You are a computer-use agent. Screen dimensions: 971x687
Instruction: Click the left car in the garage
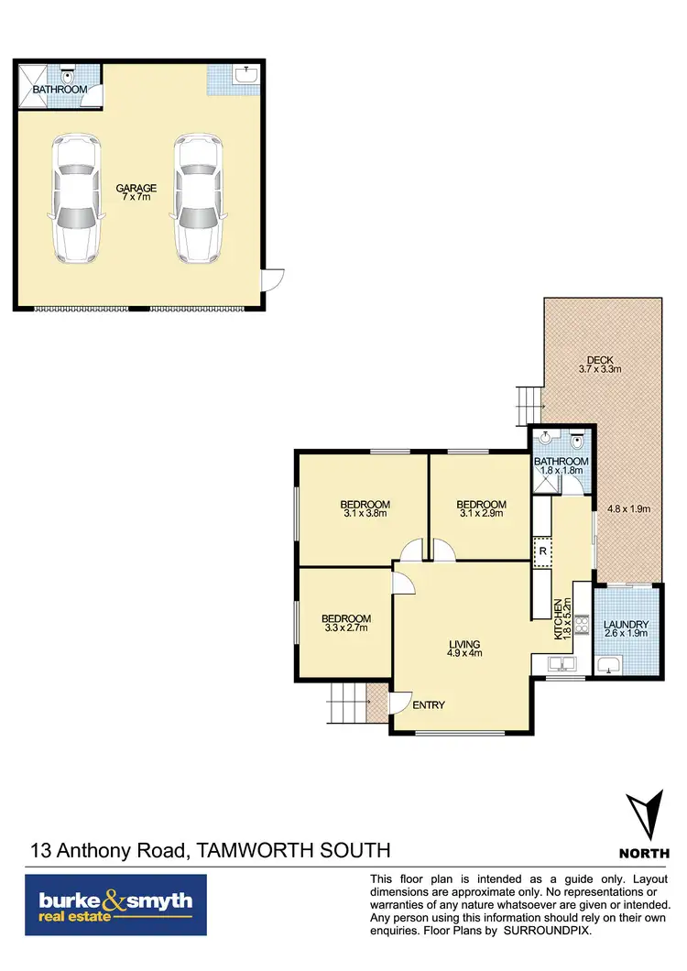[x=75, y=198]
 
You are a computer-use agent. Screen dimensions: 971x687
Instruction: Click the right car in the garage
[x=197, y=198]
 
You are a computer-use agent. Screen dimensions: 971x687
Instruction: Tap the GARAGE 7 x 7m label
[x=136, y=193]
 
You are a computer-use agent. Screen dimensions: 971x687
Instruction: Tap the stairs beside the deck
[x=529, y=399]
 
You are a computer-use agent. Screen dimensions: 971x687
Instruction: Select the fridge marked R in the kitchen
[x=542, y=551]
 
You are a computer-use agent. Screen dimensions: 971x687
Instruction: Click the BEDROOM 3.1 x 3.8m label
[x=365, y=509]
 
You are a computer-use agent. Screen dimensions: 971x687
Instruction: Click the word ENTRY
[x=429, y=704]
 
